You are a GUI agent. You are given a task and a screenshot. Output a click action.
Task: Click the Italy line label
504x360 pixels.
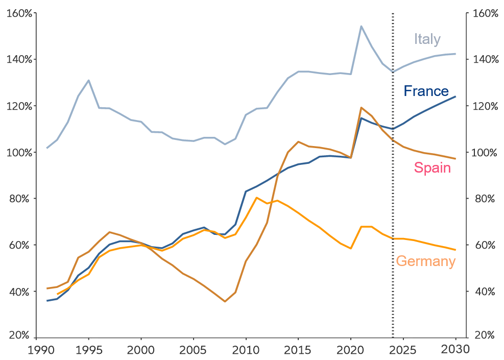(427, 39)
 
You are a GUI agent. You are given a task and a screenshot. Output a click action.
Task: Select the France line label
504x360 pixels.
(426, 91)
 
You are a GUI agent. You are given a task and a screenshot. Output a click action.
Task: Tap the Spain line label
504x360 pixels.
(432, 167)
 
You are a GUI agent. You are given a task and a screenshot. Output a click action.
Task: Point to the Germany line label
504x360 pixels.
(425, 261)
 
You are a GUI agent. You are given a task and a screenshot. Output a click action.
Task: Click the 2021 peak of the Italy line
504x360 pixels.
(361, 26)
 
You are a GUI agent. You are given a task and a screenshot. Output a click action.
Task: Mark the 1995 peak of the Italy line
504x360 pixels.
(89, 80)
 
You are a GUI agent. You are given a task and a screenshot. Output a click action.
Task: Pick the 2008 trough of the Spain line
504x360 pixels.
(225, 301)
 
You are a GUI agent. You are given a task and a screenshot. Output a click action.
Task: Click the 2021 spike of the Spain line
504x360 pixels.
(361, 108)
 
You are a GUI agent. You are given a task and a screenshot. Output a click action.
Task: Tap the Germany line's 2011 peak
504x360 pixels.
(256, 198)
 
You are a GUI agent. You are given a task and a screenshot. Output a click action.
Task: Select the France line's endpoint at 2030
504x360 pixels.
(455, 97)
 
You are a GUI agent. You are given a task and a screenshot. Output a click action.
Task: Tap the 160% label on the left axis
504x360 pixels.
(19, 13)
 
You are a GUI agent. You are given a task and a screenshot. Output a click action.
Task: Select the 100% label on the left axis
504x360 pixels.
(19, 153)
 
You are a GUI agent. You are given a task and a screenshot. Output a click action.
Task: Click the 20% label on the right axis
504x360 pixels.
(485, 335)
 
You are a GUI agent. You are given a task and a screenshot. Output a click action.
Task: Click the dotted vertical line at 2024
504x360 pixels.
(393, 204)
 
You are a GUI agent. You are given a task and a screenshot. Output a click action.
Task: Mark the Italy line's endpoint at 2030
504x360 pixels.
(455, 54)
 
